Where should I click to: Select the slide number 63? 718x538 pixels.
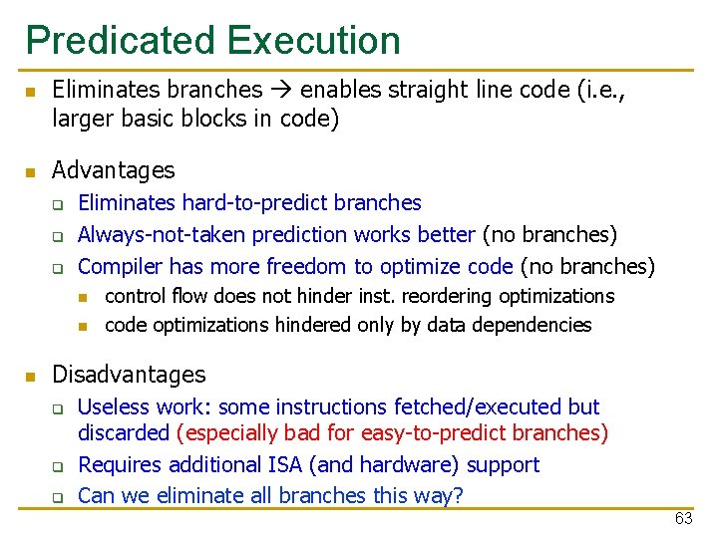coord(683,518)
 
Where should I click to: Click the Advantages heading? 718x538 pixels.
coord(113,170)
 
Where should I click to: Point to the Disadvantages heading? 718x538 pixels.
coord(129,375)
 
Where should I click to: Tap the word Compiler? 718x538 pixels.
coord(121,267)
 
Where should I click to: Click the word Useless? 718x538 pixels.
coord(112,407)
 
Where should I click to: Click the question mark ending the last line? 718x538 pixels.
coord(458,495)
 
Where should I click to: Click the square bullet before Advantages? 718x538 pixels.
coord(30,172)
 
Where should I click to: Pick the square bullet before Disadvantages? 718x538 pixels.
coord(30,377)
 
